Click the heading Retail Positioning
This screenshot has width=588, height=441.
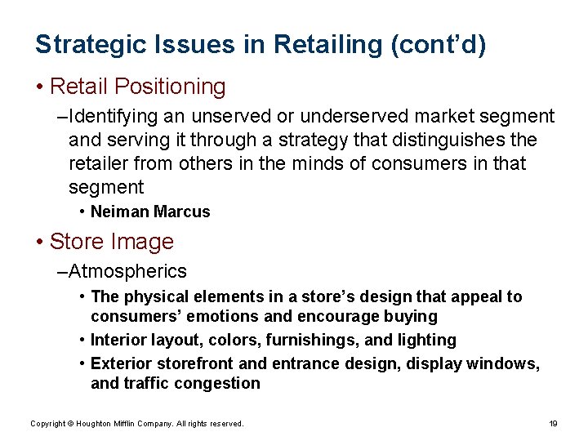[137, 86]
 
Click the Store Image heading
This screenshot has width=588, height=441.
[111, 242]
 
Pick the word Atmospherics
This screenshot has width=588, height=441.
[128, 271]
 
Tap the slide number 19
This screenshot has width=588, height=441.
[553, 423]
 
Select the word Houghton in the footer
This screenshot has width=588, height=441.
[95, 424]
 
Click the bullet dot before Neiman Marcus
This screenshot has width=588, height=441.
[83, 212]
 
